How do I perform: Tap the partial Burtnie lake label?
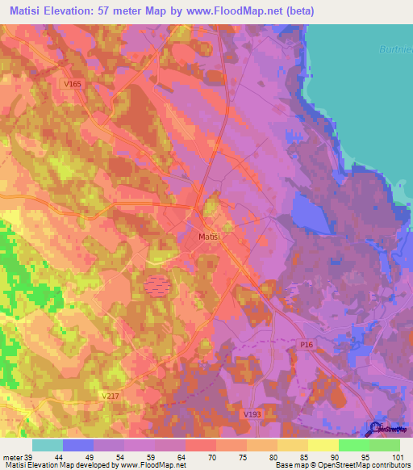click(x=394, y=49)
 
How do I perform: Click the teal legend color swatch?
click(x=48, y=446)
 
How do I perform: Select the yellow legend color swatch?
click(x=323, y=446)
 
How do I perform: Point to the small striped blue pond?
click(x=158, y=283)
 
